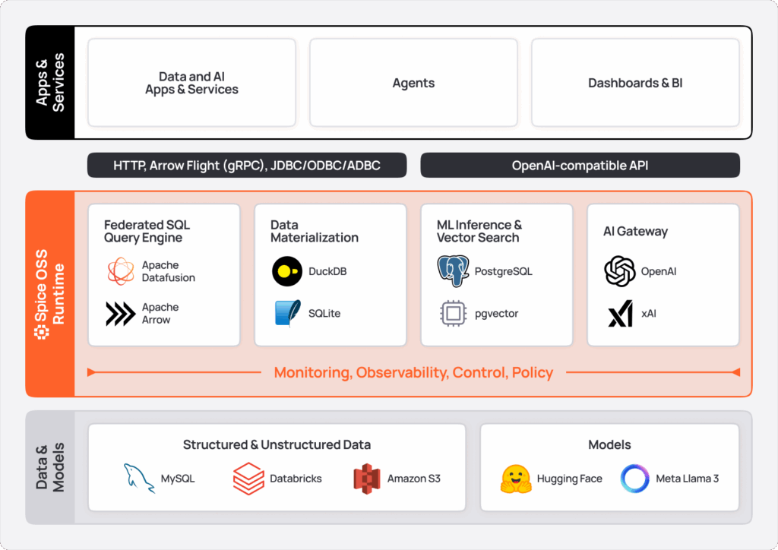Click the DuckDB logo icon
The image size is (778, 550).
(x=286, y=271)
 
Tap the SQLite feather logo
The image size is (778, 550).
(x=286, y=313)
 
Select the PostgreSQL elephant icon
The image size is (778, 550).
(x=453, y=271)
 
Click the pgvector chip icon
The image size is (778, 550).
(x=453, y=313)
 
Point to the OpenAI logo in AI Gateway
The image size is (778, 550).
(x=619, y=271)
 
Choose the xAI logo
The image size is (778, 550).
(x=619, y=313)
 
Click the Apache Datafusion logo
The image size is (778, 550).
(x=120, y=271)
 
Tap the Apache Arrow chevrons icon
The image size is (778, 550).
(x=120, y=313)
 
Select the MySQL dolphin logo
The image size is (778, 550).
(x=139, y=479)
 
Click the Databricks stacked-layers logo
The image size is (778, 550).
(x=248, y=479)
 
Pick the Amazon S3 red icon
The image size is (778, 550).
(x=366, y=479)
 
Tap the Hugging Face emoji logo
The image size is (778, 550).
(x=515, y=479)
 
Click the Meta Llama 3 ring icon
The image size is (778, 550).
(x=634, y=479)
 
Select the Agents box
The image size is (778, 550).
(x=413, y=83)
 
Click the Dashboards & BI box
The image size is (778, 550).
(x=635, y=83)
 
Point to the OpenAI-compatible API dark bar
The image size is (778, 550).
(x=580, y=165)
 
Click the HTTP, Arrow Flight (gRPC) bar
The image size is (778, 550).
(x=247, y=165)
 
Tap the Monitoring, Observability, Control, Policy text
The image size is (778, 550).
(x=413, y=372)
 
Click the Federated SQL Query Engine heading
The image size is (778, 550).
(x=147, y=231)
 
